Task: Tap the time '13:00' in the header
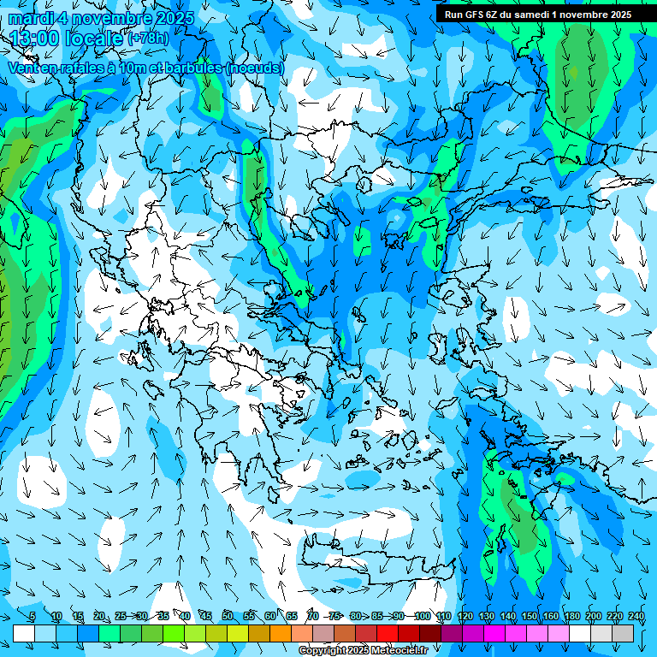tap(38, 38)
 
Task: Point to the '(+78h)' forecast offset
tap(148, 38)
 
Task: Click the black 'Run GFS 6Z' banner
tap(538, 15)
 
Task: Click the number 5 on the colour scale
tap(33, 616)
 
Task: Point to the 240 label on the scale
tap(636, 616)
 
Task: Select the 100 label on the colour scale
tap(422, 616)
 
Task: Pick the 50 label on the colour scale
tap(228, 616)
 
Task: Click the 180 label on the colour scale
tap(572, 616)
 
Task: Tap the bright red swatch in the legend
tap(388, 633)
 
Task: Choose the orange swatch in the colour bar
tap(281, 633)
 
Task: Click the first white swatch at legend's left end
tap(24, 633)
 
